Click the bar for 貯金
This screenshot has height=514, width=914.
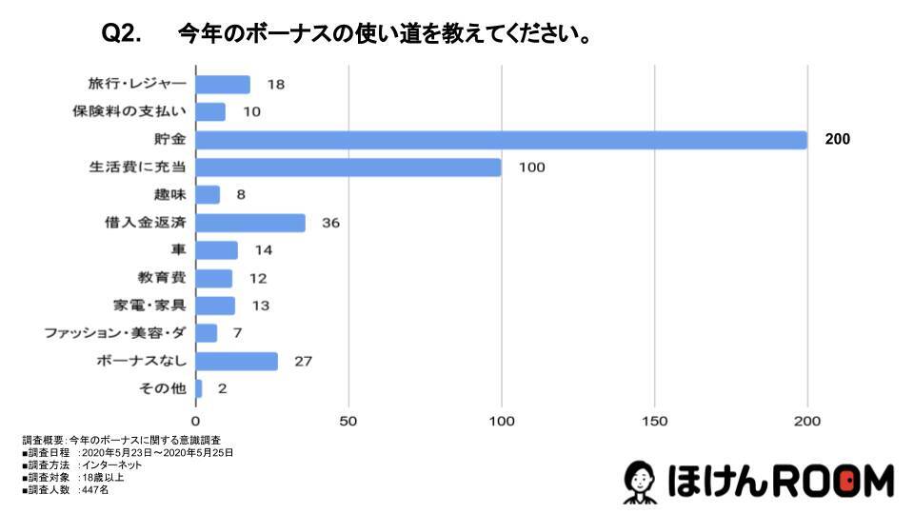501,140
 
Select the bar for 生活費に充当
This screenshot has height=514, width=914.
348,168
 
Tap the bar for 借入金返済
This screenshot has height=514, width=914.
250,223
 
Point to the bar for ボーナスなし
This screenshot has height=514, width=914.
237,362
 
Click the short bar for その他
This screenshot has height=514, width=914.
199,388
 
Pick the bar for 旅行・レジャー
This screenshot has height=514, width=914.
223,85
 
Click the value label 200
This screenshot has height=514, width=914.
837,140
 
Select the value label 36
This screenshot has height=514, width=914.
330,224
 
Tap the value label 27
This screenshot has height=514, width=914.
304,362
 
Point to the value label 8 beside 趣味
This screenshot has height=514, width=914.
241,195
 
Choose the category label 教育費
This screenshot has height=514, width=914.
162,278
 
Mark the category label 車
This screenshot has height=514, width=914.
177,250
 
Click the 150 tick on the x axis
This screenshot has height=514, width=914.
655,421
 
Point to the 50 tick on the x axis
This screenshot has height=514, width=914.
348,421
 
